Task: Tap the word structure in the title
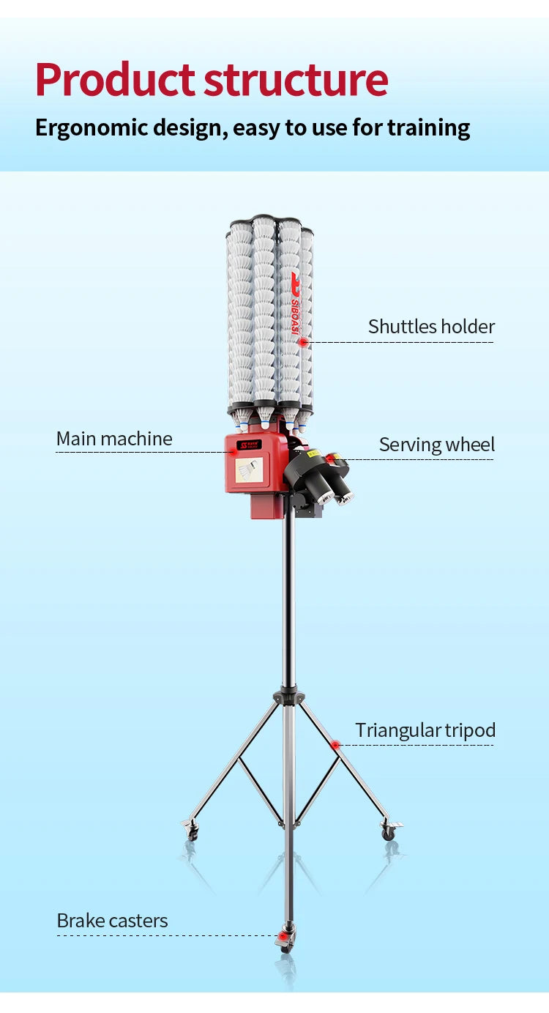[x=296, y=80]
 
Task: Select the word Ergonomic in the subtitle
[x=91, y=128]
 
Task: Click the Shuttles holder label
[x=432, y=327]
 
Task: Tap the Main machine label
[x=114, y=439]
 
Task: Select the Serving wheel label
[x=437, y=445]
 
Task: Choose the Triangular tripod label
[x=425, y=731]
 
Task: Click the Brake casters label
[x=112, y=921]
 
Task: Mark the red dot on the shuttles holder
[x=304, y=342]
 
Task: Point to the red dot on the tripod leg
[x=335, y=745]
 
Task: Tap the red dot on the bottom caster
[x=283, y=935]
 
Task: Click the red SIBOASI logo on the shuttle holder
[x=295, y=303]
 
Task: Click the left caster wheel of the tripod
[x=192, y=828]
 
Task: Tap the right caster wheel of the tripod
[x=389, y=828]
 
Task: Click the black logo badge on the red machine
[x=249, y=445]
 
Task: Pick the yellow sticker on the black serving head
[x=313, y=453]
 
